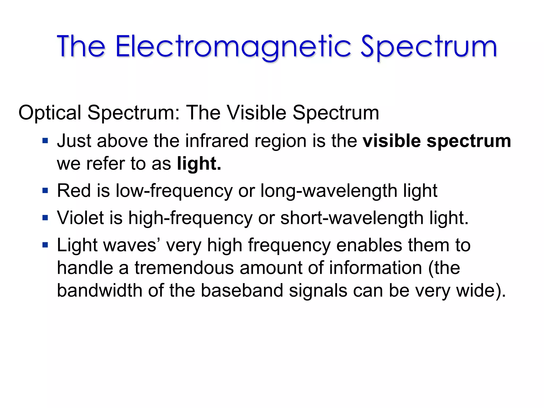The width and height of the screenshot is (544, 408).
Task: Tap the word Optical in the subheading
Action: tap(50, 113)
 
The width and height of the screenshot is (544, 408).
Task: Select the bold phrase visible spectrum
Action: tap(437, 141)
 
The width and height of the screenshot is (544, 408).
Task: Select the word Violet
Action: tap(80, 218)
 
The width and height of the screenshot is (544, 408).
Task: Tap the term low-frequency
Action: tap(174, 191)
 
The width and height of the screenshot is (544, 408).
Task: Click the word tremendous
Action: tap(184, 267)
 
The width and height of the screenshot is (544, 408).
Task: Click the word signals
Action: tap(318, 291)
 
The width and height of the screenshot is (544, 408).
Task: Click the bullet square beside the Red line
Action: tap(45, 190)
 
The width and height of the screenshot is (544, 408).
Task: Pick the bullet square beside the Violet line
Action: tap(45, 218)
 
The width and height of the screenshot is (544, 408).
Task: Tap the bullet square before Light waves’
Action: tap(45, 245)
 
